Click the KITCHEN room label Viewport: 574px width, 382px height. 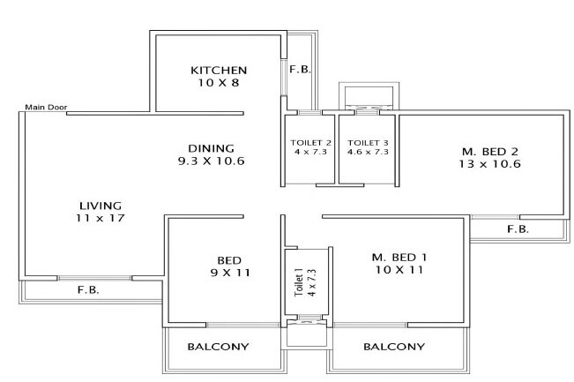coord(219,70)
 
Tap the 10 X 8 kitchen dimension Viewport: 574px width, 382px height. coord(219,83)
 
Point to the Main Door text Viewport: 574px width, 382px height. coord(46,108)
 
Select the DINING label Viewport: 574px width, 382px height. coord(211,147)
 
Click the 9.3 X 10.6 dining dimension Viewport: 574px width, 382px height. coord(211,161)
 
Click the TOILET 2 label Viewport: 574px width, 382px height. coord(309,142)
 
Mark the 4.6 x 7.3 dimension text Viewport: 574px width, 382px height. coord(368,152)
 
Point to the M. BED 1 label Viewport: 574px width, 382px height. coord(399,257)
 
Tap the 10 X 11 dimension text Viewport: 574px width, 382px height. coord(399,270)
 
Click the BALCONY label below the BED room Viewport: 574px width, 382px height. coord(218,347)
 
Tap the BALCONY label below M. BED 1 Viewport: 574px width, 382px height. coord(394,347)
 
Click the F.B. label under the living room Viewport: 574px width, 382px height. coord(86,289)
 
